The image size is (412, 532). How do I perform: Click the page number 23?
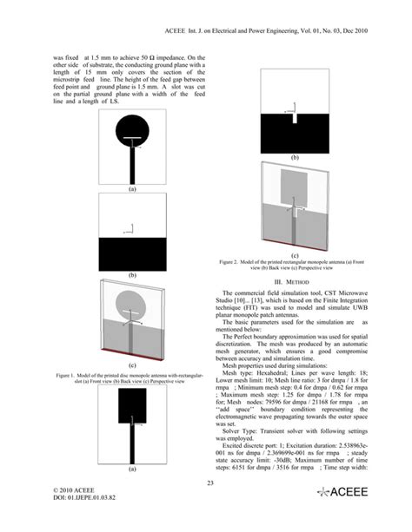tap(206, 507)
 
